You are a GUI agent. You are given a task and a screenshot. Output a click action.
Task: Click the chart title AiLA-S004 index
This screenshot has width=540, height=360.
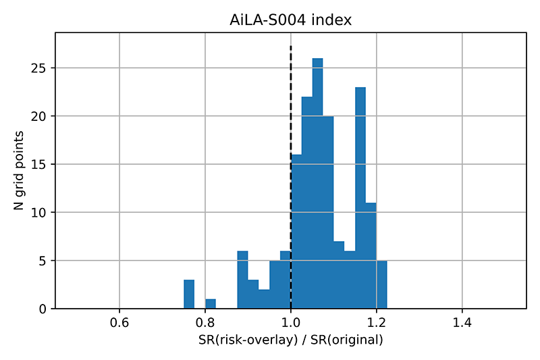coord(291,20)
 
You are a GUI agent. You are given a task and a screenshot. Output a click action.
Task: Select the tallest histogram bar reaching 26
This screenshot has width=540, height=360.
coord(317,183)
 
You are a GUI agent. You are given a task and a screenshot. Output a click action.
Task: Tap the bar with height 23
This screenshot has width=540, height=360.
coord(360,198)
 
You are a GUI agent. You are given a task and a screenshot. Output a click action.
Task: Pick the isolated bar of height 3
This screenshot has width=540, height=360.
coord(189,294)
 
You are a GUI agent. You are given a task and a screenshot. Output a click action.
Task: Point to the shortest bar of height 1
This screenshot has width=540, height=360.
coord(211,304)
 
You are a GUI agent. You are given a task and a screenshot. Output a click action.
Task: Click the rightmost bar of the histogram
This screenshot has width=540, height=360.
coord(381,284)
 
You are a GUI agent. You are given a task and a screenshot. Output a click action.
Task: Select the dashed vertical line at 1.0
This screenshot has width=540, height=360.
coord(291,177)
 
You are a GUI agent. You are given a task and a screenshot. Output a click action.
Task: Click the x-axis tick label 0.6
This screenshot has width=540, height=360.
coord(119,323)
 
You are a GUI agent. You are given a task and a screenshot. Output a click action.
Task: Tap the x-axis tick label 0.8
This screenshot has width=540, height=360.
coord(205,323)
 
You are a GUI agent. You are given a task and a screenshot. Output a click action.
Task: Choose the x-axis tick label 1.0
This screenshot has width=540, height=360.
coord(291,323)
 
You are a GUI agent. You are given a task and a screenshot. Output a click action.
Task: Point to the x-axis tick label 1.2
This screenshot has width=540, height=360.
coord(377,323)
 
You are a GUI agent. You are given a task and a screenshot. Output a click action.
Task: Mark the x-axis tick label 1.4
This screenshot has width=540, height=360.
coord(462,323)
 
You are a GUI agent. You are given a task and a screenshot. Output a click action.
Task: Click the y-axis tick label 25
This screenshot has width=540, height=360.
coord(38,68)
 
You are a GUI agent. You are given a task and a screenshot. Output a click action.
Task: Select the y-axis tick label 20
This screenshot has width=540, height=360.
coord(38,116)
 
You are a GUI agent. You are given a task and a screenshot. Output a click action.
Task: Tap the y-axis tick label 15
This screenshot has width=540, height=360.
coord(38,164)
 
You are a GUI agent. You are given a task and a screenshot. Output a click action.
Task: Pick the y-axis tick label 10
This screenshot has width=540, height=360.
coord(38,213)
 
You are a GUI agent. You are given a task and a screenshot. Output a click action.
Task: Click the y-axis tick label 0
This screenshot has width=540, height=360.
coord(43,309)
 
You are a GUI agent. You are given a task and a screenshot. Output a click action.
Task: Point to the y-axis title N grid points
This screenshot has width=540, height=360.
coord(19,170)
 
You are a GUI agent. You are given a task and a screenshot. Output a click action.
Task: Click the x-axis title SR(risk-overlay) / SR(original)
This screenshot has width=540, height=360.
coord(291,340)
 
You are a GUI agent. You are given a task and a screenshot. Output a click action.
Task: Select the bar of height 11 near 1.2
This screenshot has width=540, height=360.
coord(371,255)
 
